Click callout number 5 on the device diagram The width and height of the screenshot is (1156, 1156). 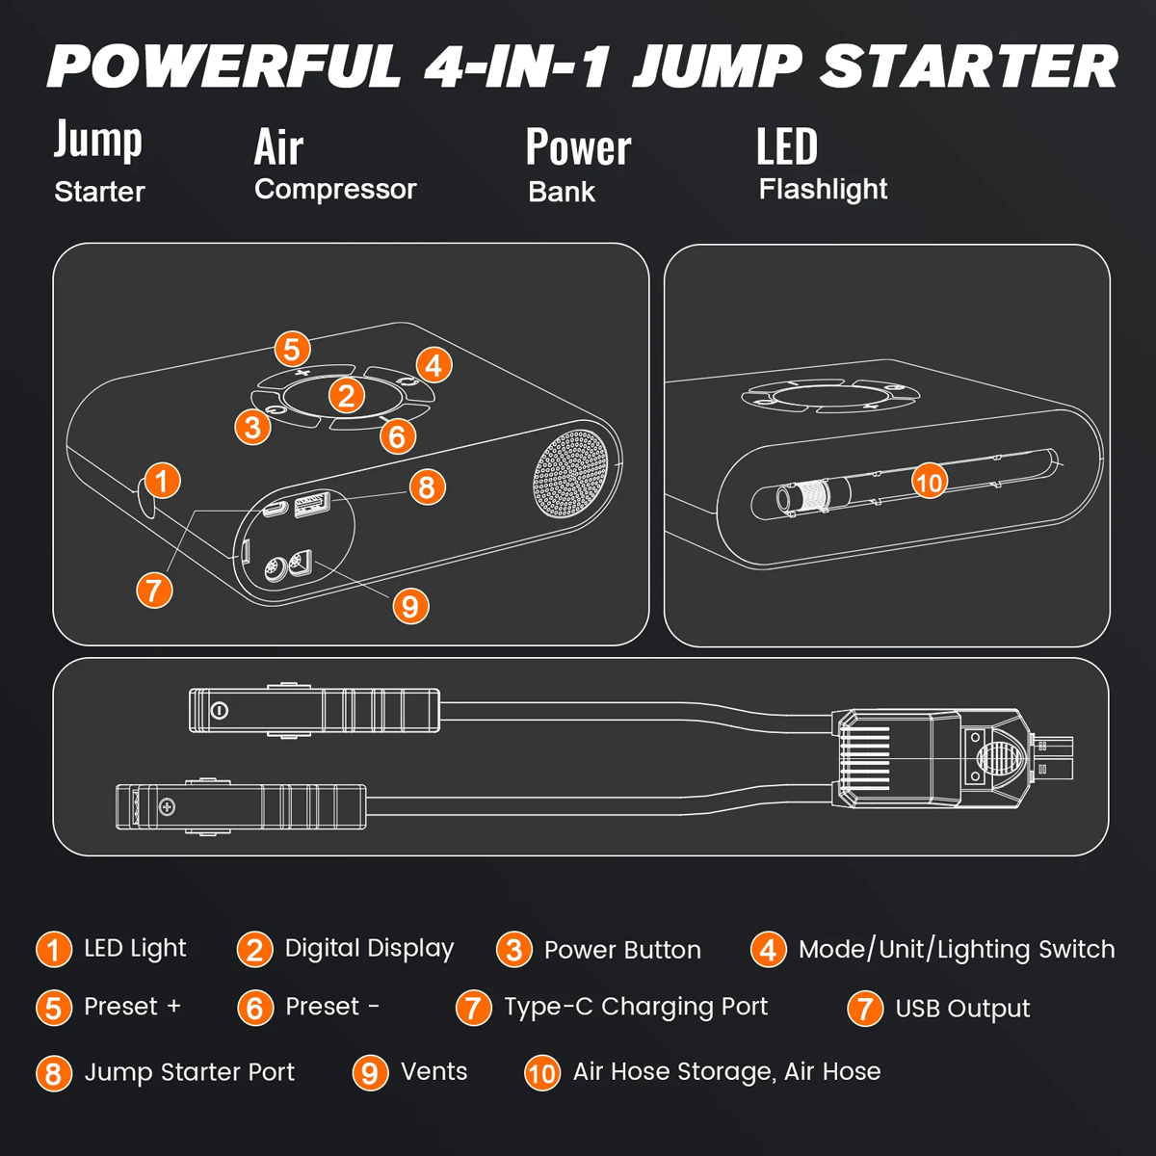(x=292, y=349)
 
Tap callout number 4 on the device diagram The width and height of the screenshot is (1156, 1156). (x=433, y=365)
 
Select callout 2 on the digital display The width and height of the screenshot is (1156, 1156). (x=346, y=395)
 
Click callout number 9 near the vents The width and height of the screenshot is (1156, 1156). (x=410, y=606)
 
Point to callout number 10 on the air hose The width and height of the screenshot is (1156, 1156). (x=929, y=481)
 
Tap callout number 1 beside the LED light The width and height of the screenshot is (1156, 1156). (x=162, y=480)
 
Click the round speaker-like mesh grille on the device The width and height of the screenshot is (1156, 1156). (x=572, y=472)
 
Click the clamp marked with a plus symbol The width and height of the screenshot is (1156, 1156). (x=241, y=806)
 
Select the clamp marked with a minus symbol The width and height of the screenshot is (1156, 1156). (x=313, y=711)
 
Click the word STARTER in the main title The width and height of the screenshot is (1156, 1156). (x=968, y=67)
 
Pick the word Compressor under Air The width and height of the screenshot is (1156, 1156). (x=335, y=189)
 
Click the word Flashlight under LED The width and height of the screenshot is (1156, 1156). (x=823, y=189)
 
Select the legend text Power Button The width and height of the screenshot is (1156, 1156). (x=622, y=950)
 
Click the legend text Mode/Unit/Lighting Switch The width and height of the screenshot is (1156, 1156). (x=957, y=949)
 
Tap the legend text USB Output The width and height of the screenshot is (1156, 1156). (x=962, y=1009)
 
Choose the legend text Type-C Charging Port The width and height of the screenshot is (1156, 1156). (x=636, y=1007)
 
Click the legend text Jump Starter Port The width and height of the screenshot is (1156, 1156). (x=189, y=1072)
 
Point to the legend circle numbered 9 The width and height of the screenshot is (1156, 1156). (x=370, y=1072)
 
